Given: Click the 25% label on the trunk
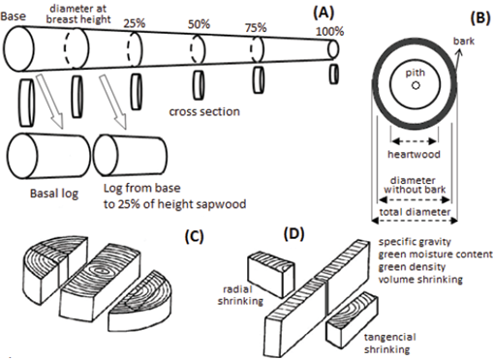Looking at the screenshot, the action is click(135, 23).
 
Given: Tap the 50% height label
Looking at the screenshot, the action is click(199, 24).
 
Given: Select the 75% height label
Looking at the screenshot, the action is click(256, 28).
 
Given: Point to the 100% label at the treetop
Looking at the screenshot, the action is click(329, 32).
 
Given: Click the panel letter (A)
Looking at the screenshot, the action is click(324, 13).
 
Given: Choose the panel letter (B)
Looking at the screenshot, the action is click(480, 18).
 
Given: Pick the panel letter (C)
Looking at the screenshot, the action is click(194, 236).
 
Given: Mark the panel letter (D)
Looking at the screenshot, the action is click(293, 234).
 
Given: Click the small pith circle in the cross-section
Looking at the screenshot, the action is click(416, 85).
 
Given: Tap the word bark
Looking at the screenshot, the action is click(464, 41).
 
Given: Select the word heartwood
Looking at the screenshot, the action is click(414, 154).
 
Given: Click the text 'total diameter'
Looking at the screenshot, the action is click(415, 212).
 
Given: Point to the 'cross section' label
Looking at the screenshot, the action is click(204, 111).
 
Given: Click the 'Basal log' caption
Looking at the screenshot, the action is click(54, 194).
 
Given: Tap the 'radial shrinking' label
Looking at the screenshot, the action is click(240, 295).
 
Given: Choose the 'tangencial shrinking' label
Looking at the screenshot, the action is click(390, 344).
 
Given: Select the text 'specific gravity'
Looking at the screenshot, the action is click(415, 242).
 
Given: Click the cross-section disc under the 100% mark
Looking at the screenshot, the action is click(334, 75).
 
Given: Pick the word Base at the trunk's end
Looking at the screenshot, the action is click(13, 16).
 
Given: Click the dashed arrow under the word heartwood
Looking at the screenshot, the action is click(415, 141).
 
